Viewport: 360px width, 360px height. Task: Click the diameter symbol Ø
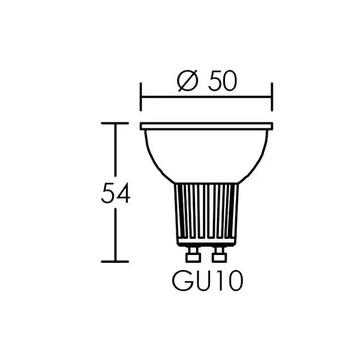[188, 80]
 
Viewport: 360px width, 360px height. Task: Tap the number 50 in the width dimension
[222, 81]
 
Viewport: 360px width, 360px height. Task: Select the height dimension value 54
[115, 193]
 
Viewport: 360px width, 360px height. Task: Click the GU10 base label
[208, 281]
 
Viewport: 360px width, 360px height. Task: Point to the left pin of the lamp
[193, 254]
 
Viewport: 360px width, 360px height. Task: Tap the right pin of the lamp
[219, 254]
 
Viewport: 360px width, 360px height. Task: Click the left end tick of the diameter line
[141, 97]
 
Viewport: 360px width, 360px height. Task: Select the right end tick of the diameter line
[272, 97]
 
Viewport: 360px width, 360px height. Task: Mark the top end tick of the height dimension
[115, 123]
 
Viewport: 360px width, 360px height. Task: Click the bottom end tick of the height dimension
[115, 262]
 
